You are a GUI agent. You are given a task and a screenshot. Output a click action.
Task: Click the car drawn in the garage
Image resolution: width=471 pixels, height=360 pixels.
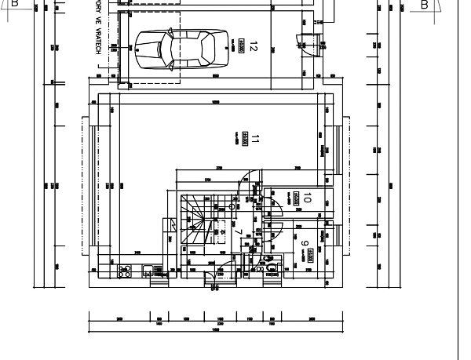[181, 49]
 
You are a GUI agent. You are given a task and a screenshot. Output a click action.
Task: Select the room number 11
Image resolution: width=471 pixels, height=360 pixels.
[255, 141]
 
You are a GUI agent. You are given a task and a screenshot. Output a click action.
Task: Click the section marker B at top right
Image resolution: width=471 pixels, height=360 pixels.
[425, 4]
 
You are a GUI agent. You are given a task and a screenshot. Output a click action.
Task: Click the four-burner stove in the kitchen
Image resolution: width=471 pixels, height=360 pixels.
[124, 271]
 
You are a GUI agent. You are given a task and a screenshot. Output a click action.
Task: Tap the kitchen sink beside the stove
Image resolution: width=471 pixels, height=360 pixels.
[148, 271]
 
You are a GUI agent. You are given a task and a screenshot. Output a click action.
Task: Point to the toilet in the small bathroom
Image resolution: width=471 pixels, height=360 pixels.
[272, 267]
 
